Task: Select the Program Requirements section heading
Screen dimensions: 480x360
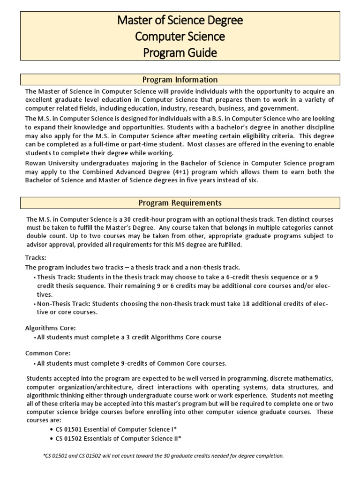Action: [180, 203]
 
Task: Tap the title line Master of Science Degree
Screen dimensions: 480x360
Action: [180, 21]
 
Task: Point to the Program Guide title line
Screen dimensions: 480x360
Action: [180, 52]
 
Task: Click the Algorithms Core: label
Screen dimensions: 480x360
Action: [50, 328]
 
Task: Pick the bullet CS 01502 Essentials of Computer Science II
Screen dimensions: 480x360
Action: [118, 439]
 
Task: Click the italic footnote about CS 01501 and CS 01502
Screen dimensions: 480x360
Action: [163, 456]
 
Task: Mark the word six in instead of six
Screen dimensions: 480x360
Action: [251, 180]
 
